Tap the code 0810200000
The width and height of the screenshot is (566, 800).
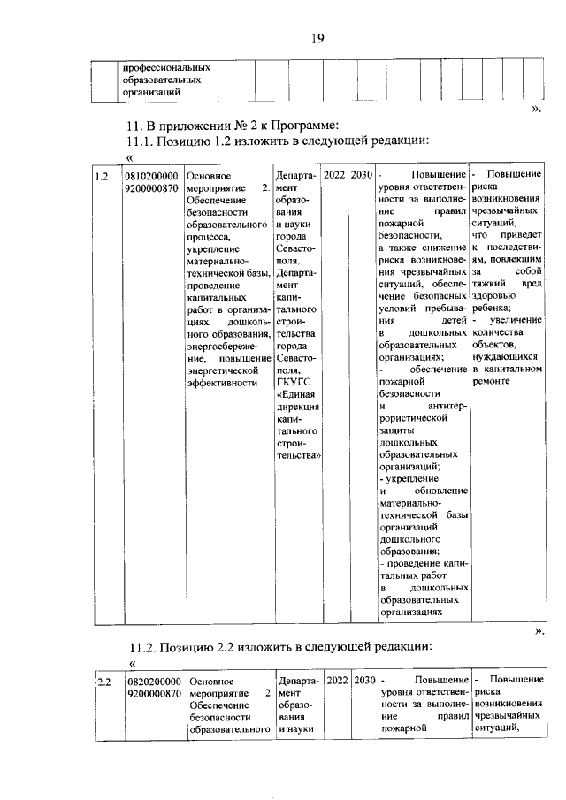152,176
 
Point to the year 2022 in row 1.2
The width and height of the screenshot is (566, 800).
334,175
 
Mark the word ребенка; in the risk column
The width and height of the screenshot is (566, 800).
497,309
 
